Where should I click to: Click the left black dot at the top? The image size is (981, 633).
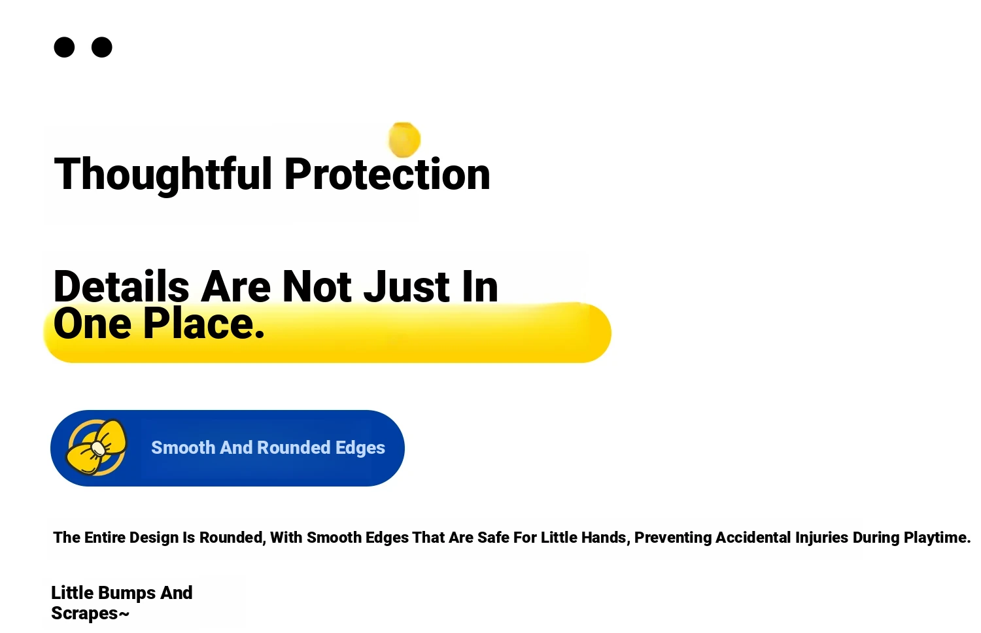tap(64, 47)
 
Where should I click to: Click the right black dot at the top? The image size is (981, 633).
tap(101, 47)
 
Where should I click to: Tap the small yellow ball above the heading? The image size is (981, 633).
tap(404, 140)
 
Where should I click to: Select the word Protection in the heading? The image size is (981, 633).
tap(387, 174)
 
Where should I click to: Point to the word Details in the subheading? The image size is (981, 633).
tap(121, 286)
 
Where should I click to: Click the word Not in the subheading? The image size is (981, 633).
tap(317, 286)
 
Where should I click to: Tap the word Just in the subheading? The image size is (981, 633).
tap(406, 286)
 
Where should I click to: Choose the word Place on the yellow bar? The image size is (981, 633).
tap(204, 324)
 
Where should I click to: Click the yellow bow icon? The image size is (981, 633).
tap(97, 447)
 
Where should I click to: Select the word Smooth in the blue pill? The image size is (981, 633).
tap(183, 448)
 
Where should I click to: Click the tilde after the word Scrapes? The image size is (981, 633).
tap(124, 614)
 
